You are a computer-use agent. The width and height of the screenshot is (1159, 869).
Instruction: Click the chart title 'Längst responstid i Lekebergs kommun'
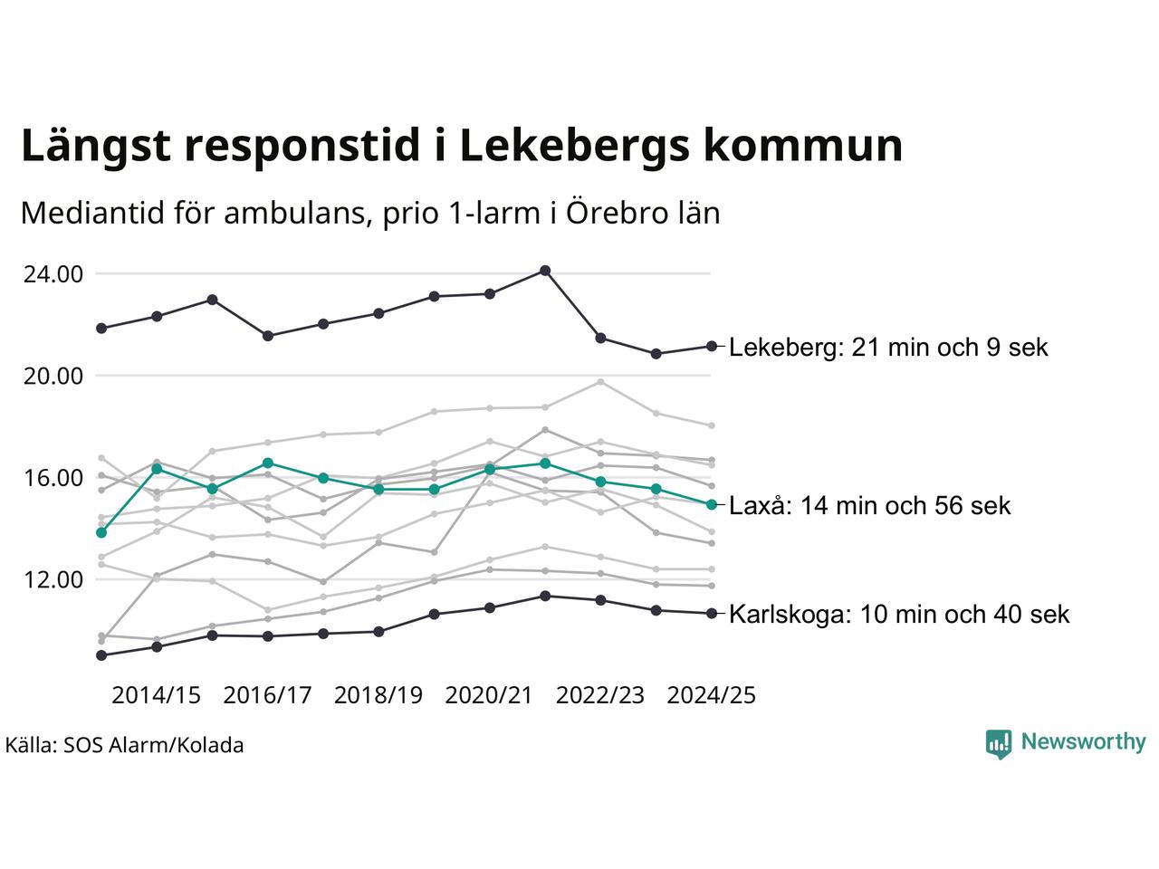tap(462, 147)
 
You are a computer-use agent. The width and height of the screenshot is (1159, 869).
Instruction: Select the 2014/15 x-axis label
tap(156, 695)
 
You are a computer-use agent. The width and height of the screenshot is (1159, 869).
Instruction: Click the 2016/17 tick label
tap(267, 695)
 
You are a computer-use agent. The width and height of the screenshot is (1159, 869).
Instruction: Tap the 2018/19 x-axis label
tap(378, 695)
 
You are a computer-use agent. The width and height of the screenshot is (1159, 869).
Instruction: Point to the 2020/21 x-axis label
tap(489, 695)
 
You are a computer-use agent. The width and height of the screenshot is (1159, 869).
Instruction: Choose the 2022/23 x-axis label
tap(600, 695)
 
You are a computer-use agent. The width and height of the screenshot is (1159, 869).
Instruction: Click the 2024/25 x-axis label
tap(711, 695)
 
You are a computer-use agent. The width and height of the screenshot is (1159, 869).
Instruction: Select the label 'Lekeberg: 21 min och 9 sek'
tap(888, 348)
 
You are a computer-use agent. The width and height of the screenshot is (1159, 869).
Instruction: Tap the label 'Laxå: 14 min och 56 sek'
tap(869, 505)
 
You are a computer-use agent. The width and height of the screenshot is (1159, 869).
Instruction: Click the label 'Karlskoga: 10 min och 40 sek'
tap(899, 615)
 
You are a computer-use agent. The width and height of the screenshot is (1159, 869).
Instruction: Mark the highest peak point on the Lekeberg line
tap(545, 271)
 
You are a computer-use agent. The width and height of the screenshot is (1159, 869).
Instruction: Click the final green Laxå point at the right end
tap(712, 504)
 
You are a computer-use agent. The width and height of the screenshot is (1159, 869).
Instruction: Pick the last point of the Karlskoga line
tap(712, 614)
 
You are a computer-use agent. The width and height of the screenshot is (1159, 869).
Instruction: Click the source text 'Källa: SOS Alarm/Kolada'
tap(124, 746)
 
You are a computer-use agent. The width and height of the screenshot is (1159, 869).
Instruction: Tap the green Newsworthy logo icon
tap(998, 743)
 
